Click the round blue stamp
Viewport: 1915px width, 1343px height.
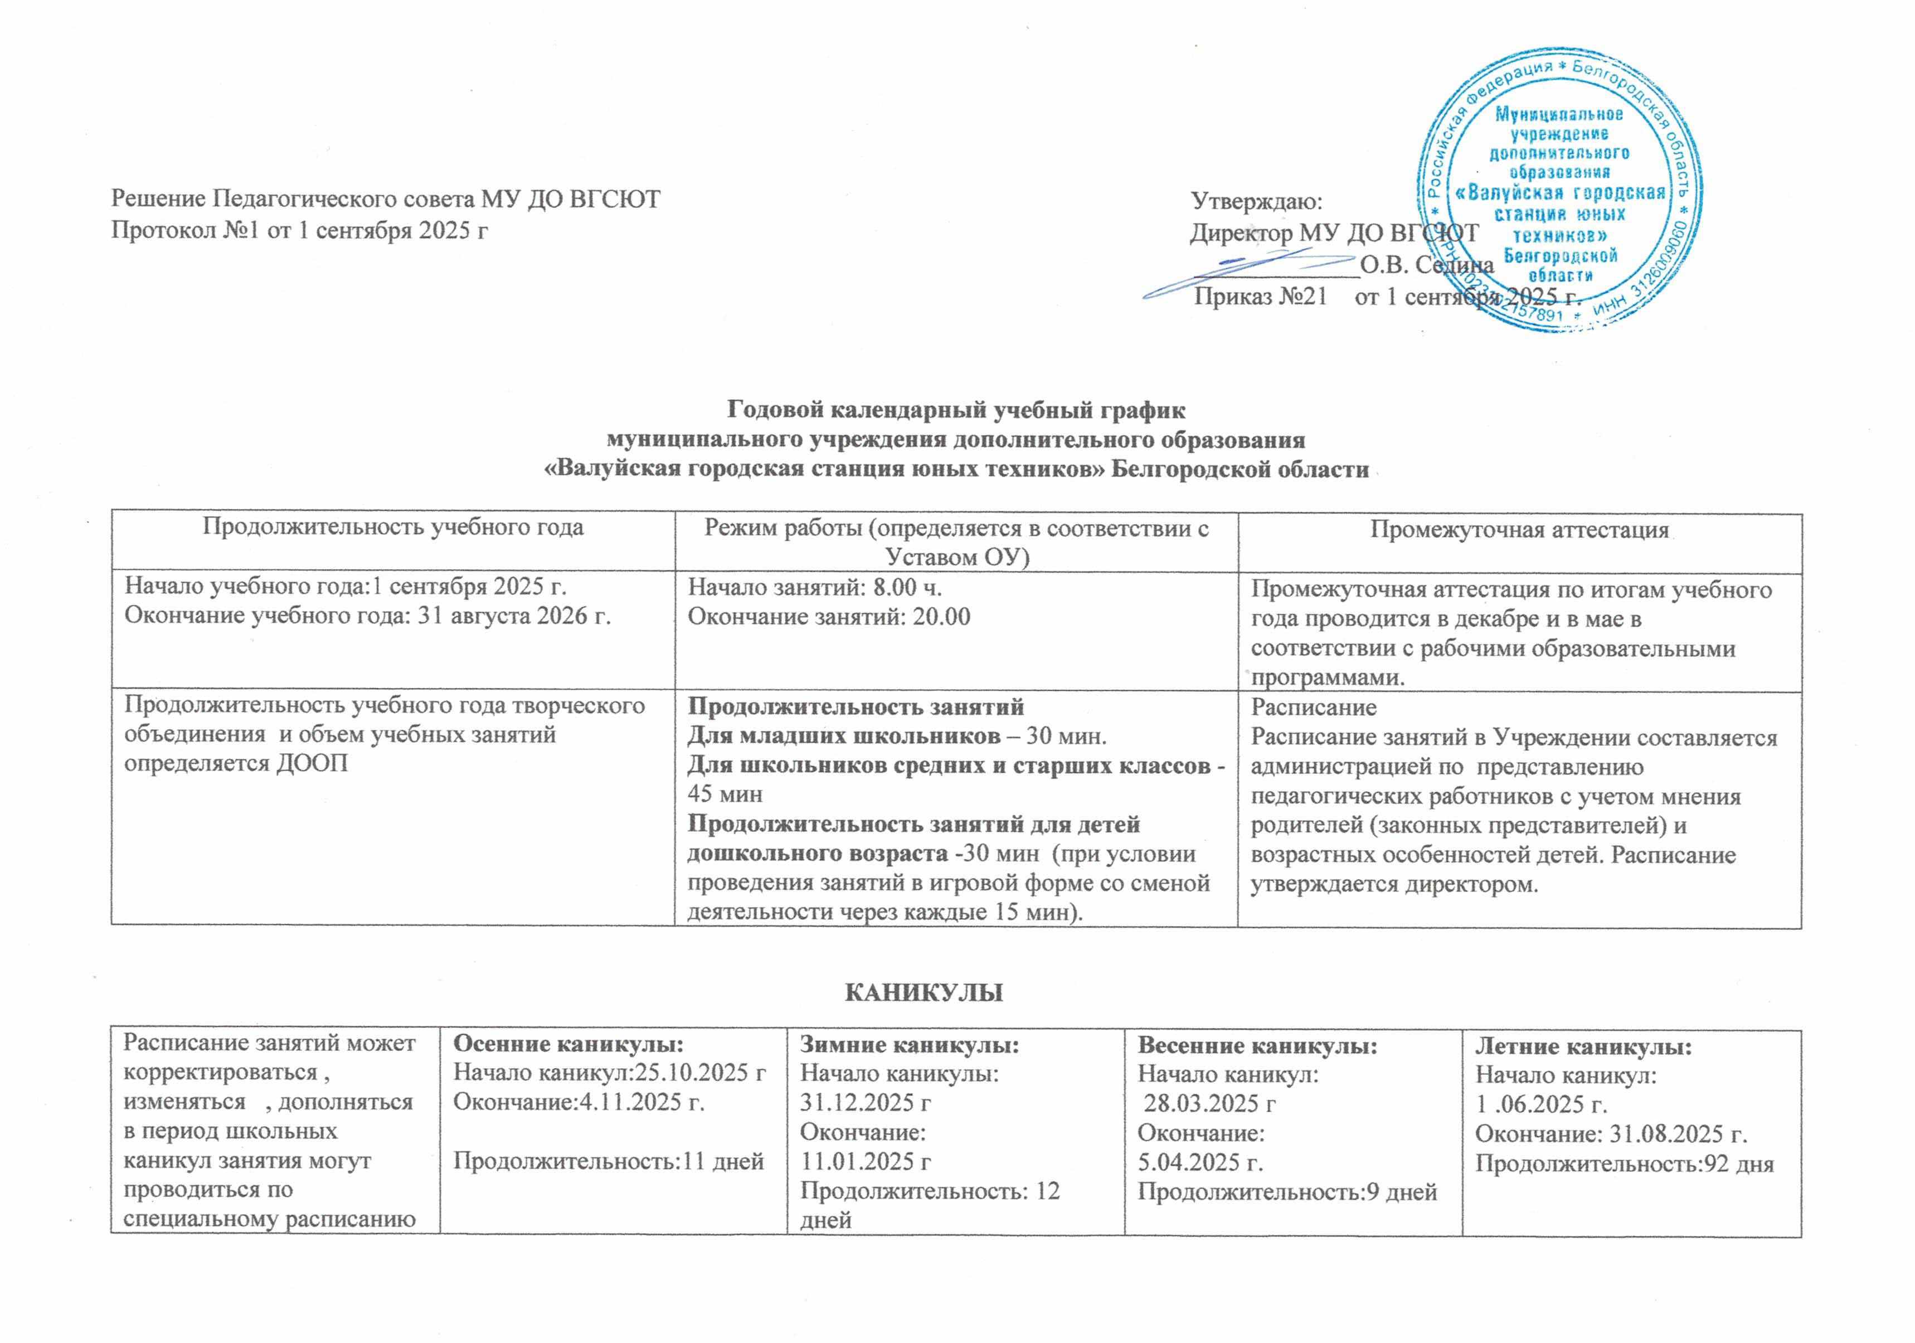pos(1559,196)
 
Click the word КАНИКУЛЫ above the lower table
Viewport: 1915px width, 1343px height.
pos(924,993)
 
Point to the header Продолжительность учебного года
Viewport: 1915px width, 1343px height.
pos(393,527)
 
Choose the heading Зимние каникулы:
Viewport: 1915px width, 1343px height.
pos(909,1044)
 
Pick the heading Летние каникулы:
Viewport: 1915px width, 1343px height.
pos(1583,1046)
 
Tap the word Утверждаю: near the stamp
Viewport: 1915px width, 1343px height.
pos(1256,201)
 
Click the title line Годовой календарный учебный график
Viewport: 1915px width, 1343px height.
pos(956,410)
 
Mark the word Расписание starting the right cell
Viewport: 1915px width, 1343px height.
pos(1314,707)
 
